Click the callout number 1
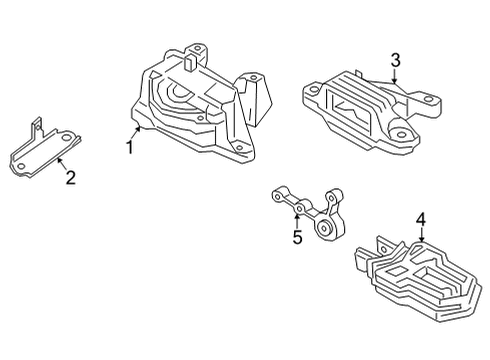click(x=129, y=149)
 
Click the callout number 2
click(x=69, y=178)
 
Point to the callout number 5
click(x=296, y=237)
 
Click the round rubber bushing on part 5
click(x=326, y=231)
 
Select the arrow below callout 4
click(x=421, y=233)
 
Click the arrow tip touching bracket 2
click(x=56, y=159)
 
